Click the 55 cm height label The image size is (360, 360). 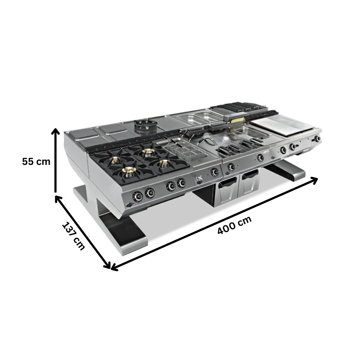click(36, 162)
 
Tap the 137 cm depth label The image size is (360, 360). click(73, 236)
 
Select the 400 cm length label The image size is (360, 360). click(234, 225)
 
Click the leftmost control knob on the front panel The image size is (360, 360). click(138, 196)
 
